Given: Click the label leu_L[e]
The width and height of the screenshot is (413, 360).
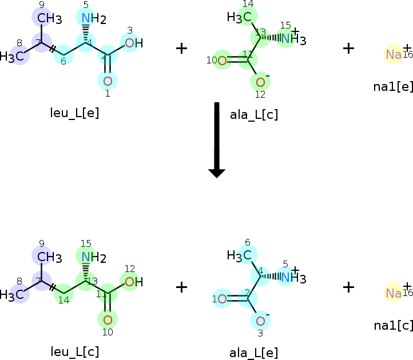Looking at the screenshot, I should pyautogui.click(x=75, y=113).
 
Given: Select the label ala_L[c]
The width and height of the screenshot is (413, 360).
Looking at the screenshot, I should pyautogui.click(x=254, y=115).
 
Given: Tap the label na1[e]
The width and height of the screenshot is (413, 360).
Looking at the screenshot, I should pyautogui.click(x=393, y=86).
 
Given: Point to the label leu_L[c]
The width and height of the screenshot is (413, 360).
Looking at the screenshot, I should pyautogui.click(x=75, y=351).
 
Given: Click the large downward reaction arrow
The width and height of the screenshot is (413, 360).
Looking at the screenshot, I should pyautogui.click(x=217, y=140).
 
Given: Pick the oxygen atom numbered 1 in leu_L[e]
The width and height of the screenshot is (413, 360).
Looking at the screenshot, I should pyautogui.click(x=108, y=80).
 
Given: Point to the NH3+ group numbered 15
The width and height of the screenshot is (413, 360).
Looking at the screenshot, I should pyautogui.click(x=291, y=39).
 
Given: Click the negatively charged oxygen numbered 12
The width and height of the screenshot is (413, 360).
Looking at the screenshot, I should pyautogui.click(x=261, y=82).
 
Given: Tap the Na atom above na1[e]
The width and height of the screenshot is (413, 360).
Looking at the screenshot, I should pyautogui.click(x=394, y=54).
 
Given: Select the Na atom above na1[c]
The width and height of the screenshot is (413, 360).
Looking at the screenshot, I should pyautogui.click(x=394, y=293).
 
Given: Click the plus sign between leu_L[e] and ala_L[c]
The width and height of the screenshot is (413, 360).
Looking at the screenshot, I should pyautogui.click(x=181, y=48).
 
